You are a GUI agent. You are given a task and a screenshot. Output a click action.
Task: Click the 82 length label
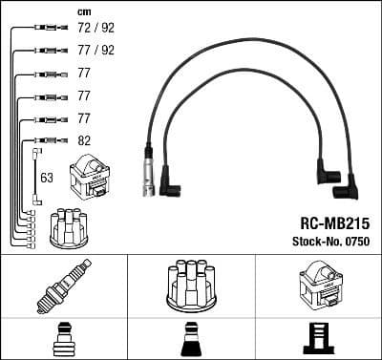(83, 140)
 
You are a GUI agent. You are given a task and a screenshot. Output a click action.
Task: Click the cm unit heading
(83, 11)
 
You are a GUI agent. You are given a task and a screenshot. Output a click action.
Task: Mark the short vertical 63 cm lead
(35, 176)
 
